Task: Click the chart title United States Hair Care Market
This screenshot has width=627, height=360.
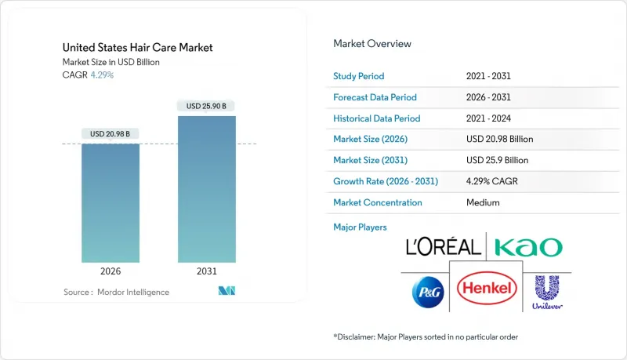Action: [138, 48]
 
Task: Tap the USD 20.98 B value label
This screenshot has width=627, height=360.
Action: [111, 133]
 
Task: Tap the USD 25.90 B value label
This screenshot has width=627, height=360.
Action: [206, 106]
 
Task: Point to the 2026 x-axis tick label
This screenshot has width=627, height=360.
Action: [111, 271]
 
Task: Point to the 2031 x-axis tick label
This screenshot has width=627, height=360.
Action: [206, 271]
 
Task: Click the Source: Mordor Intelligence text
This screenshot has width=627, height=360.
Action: [116, 292]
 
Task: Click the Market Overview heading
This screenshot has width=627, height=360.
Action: [372, 44]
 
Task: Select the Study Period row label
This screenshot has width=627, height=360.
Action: [359, 77]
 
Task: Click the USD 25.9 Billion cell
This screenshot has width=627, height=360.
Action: [497, 160]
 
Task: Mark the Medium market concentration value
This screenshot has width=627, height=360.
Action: [482, 202]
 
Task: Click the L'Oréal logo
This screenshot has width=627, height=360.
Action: [443, 247]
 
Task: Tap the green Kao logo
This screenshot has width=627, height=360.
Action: [528, 247]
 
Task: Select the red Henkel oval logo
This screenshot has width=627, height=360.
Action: [486, 289]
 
